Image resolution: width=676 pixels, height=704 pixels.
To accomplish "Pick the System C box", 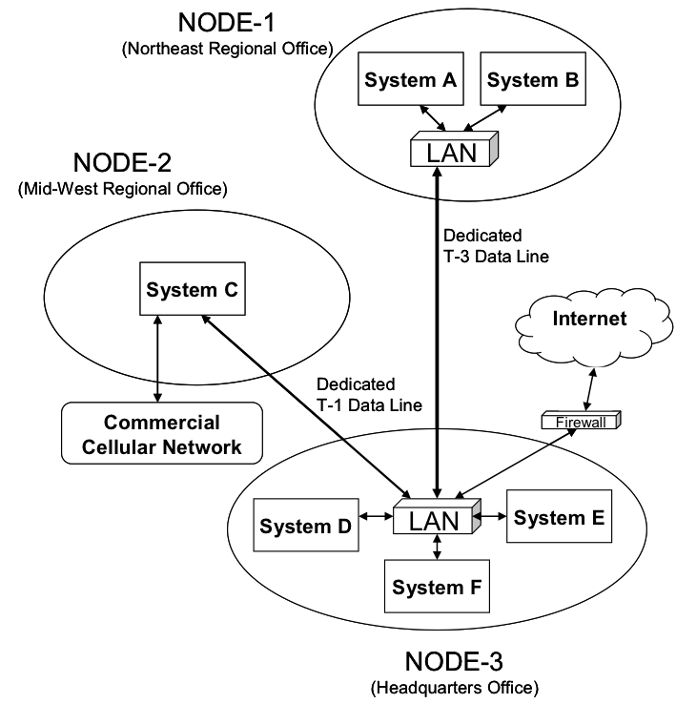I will point(193,289).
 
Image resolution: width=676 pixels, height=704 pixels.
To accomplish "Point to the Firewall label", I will point(580,422).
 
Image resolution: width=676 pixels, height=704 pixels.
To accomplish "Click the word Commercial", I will point(161,423).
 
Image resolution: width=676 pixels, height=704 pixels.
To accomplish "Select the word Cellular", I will point(123,446).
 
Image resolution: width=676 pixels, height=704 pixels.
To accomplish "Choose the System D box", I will point(306,525).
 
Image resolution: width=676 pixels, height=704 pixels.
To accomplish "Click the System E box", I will point(559,517).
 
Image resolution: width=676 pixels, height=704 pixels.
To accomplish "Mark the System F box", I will point(438,586).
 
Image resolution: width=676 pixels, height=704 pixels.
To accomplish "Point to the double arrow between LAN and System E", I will point(492,517).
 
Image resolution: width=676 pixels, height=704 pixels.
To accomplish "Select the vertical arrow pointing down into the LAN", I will point(437,463).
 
